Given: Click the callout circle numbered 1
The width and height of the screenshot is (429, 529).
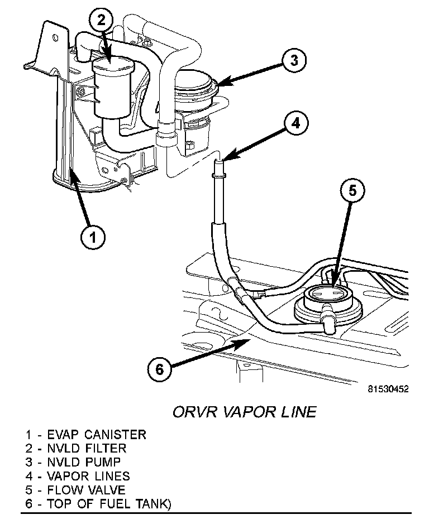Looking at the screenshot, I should coord(93,237).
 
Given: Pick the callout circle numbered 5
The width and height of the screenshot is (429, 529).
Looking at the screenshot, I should coord(352,191).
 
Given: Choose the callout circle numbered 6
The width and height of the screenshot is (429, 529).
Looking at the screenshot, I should coord(159,369).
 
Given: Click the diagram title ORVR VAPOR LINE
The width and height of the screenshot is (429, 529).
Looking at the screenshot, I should coord(244,412).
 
